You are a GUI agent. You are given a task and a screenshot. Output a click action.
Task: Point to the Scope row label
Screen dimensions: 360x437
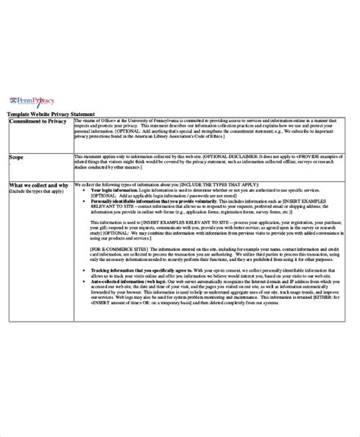click(16, 157)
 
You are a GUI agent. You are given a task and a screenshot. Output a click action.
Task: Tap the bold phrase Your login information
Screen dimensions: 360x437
click(113, 191)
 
